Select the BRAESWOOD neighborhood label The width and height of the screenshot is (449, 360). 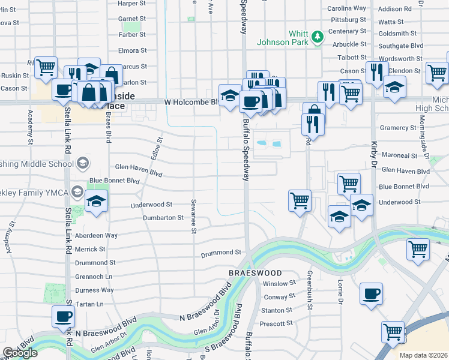click(x=255, y=272)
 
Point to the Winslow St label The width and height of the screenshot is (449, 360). click(x=280, y=283)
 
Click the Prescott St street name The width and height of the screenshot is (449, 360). click(x=276, y=323)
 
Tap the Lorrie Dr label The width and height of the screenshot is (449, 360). click(x=340, y=287)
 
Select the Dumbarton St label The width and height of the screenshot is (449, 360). click(x=163, y=218)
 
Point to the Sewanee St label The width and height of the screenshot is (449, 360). click(x=193, y=214)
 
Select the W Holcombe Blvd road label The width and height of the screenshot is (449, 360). click(x=190, y=103)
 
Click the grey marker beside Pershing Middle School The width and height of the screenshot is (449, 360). click(x=82, y=163)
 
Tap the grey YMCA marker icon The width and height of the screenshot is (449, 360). click(x=77, y=192)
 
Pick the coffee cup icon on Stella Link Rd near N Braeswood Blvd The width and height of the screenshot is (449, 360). click(x=62, y=316)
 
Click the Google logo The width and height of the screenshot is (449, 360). click(x=20, y=353)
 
